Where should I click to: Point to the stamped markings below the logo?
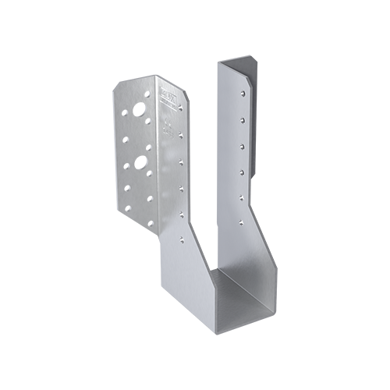pyautogui.click(x=168, y=125)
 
